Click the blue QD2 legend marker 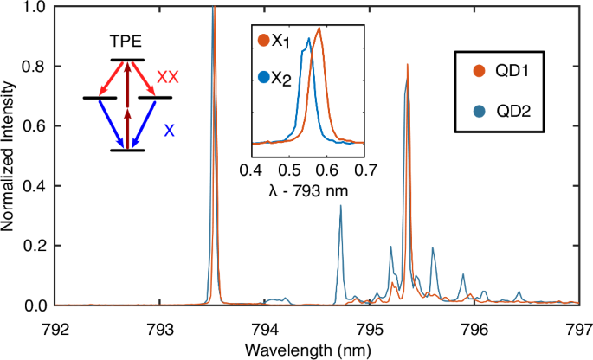coord(478,109)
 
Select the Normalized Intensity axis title coord(10,154)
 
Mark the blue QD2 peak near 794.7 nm coord(340,207)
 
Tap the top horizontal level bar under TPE coord(127,60)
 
